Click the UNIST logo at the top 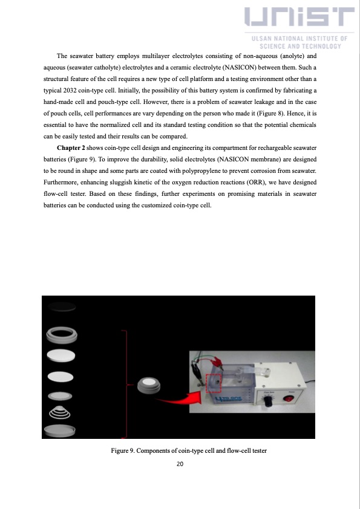click(300, 18)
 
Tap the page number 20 click(180, 464)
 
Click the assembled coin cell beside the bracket click(149, 386)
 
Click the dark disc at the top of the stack click(59, 307)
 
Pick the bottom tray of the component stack click(59, 430)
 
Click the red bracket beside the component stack click(126, 384)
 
